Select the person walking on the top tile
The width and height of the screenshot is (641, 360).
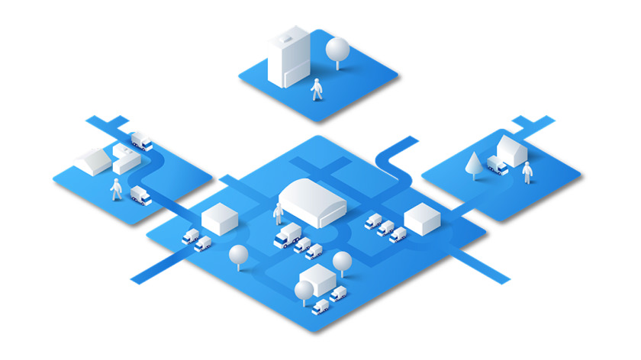click(x=316, y=89)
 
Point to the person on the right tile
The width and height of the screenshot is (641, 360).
click(x=527, y=173)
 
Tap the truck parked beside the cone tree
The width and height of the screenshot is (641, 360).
click(x=497, y=165)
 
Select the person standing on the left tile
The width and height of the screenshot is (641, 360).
click(x=116, y=189)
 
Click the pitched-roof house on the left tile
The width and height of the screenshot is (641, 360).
click(x=93, y=161)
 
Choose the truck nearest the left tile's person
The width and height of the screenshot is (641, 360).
click(x=141, y=195)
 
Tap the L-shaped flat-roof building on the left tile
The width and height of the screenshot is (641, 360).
click(x=125, y=159)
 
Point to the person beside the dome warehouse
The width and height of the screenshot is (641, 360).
click(x=278, y=214)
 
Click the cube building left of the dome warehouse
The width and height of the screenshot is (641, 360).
click(x=220, y=220)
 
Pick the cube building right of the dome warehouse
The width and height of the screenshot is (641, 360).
click(x=422, y=220)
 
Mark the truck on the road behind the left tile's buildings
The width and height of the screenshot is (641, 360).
click(x=141, y=141)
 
